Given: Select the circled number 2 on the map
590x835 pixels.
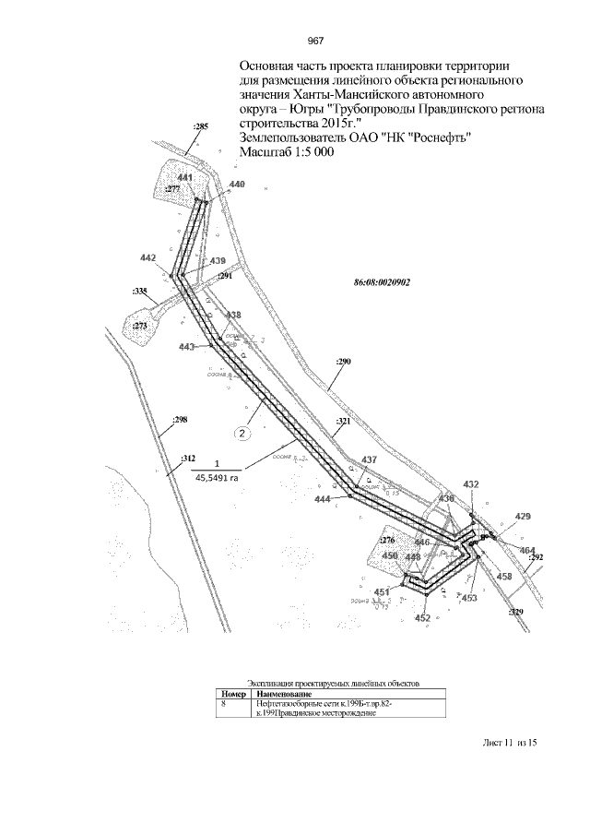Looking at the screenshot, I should pyautogui.click(x=242, y=431).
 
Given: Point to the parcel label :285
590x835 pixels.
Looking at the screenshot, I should pyautogui.click(x=200, y=125).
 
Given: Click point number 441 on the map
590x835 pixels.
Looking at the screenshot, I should pyautogui.click(x=185, y=177).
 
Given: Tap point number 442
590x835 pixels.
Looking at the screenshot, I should pyautogui.click(x=147, y=257).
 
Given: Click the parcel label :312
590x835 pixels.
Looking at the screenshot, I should pyautogui.click(x=188, y=458).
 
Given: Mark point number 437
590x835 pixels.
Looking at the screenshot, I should pyautogui.click(x=369, y=459).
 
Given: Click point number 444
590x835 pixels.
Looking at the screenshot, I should pyautogui.click(x=323, y=499).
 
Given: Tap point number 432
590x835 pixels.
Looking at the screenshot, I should pyautogui.click(x=471, y=484).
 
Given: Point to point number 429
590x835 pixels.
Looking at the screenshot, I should pyautogui.click(x=523, y=516).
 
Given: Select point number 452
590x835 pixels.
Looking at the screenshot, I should pyautogui.click(x=422, y=618).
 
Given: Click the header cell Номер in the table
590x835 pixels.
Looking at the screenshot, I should pyautogui.click(x=233, y=694).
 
